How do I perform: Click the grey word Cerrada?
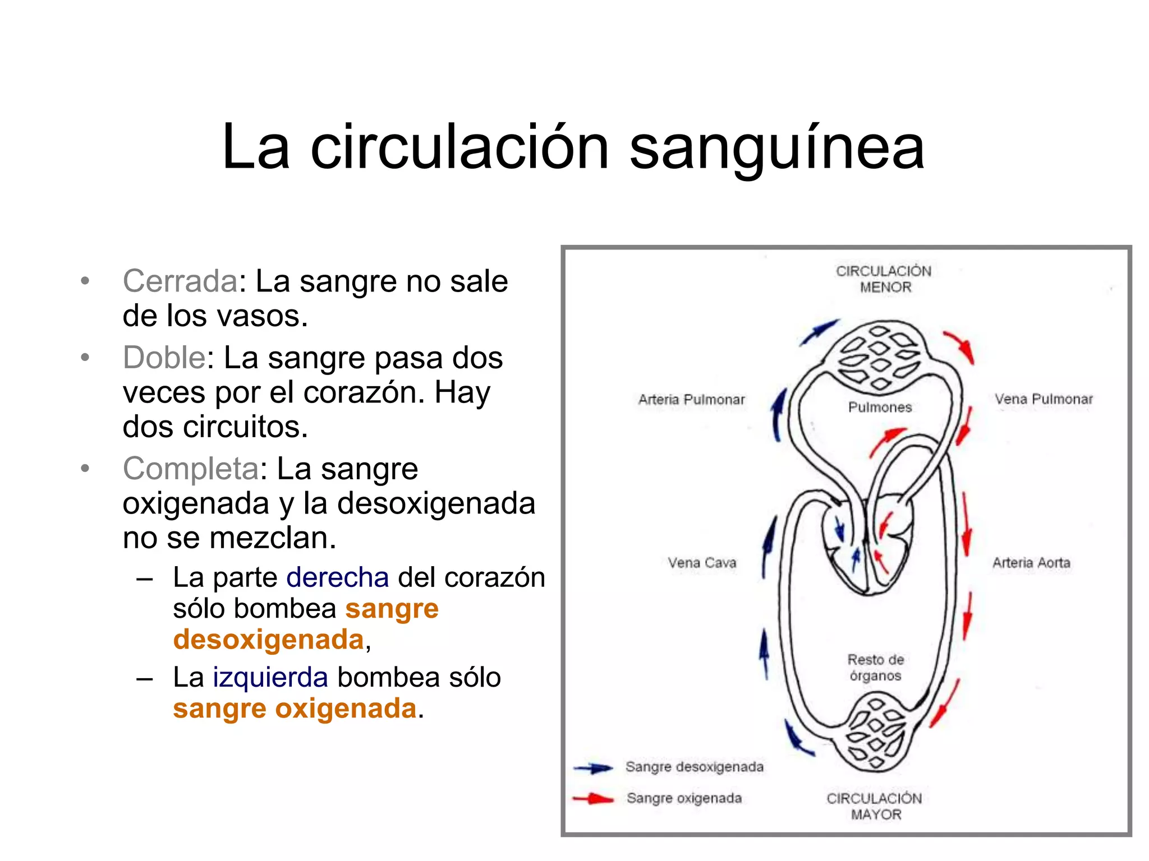coord(180,281)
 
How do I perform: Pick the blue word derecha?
coord(337,577)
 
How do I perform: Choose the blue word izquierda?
coord(270,677)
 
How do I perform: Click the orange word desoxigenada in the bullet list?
coord(268,640)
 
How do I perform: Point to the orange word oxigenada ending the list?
coord(346,709)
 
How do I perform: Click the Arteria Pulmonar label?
coord(691,400)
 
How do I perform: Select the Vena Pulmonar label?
coord(1044,399)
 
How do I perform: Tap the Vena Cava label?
coord(702,562)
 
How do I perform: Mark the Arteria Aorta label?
coord(1031,562)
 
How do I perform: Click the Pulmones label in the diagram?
coord(880,407)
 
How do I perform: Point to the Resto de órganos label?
coord(875,668)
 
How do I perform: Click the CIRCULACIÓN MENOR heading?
coord(884,279)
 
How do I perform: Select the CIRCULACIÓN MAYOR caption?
coord(875,806)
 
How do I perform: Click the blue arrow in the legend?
coord(594,768)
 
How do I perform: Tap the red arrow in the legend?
coord(594,799)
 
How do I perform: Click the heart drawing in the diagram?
coord(867,544)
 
